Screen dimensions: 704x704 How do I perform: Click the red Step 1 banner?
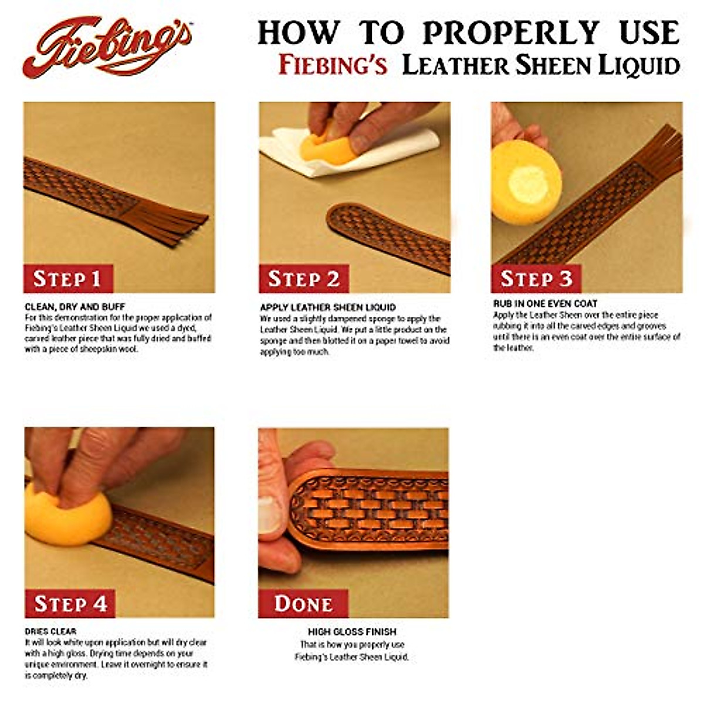(x=67, y=279)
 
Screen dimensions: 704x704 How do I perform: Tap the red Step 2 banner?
(x=303, y=279)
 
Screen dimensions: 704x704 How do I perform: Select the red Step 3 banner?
(x=536, y=279)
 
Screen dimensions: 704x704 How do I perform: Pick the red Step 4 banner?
(x=70, y=604)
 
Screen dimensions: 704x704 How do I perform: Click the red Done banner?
(x=303, y=604)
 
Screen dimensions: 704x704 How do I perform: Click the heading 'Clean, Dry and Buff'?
(x=75, y=306)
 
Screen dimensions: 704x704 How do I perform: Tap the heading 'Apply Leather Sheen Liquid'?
(x=328, y=307)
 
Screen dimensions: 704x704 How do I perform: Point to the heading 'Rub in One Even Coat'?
(x=546, y=303)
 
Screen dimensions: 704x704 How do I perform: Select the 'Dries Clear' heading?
(x=50, y=631)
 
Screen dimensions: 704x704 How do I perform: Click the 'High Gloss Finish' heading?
(x=352, y=632)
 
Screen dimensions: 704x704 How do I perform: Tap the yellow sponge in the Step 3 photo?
(x=525, y=182)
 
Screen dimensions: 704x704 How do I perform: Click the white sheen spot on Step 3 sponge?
(x=528, y=183)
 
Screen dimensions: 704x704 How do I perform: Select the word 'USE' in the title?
(x=649, y=33)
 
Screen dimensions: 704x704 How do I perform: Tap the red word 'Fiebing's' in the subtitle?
(x=333, y=66)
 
